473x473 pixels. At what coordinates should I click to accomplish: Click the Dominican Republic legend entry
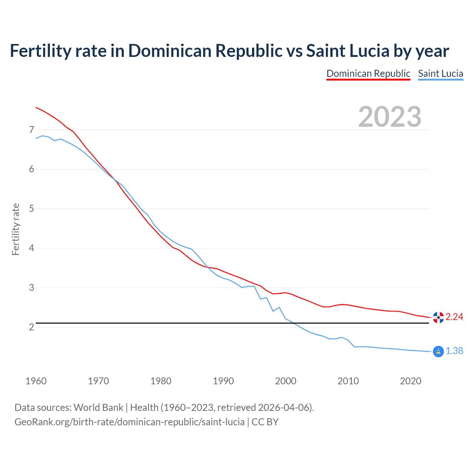tap(368, 74)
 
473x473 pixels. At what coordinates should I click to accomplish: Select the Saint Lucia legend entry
tap(440, 74)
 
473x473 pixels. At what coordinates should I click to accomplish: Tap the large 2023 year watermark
tap(390, 117)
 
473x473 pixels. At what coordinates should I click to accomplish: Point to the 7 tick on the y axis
tap(31, 130)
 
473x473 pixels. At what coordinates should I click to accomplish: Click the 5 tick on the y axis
tap(31, 209)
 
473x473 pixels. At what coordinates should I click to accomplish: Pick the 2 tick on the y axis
tap(31, 327)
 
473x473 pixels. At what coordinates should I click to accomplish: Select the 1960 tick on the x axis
tap(36, 381)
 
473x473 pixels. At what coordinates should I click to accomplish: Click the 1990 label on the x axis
tap(223, 381)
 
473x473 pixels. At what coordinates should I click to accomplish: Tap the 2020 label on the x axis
tap(411, 381)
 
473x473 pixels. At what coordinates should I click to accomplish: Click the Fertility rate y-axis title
tap(16, 229)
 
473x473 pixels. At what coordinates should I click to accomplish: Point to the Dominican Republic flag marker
tap(438, 317)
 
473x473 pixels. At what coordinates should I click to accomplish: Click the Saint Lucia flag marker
tap(438, 351)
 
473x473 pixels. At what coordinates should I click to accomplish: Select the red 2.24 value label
tap(454, 317)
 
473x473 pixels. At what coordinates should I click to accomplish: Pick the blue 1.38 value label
tap(454, 351)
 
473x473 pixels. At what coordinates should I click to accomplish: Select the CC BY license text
tap(265, 422)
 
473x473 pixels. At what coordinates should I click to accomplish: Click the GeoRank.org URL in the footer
tap(129, 422)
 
